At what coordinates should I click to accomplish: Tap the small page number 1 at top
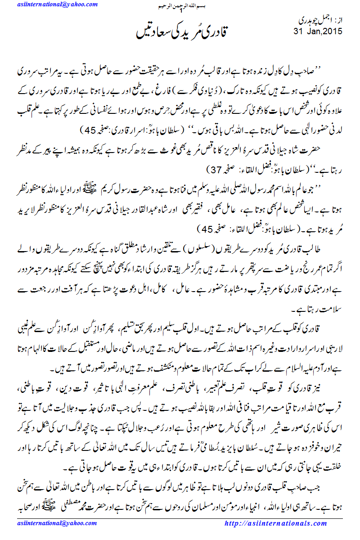(x=180, y=10)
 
